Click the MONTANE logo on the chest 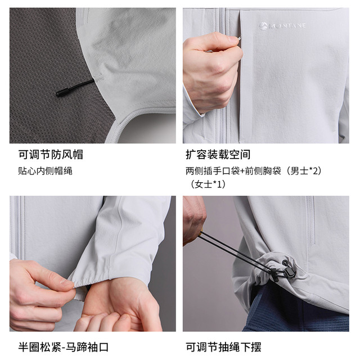(x=282, y=25)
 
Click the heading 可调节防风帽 (x=51, y=155)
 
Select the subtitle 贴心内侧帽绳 (x=45, y=171)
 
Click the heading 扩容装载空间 (x=218, y=155)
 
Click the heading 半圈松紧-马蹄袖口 (x=64, y=347)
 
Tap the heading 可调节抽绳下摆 (x=223, y=347)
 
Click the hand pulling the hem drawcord (x=194, y=220)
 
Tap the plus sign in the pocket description (x=242, y=171)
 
